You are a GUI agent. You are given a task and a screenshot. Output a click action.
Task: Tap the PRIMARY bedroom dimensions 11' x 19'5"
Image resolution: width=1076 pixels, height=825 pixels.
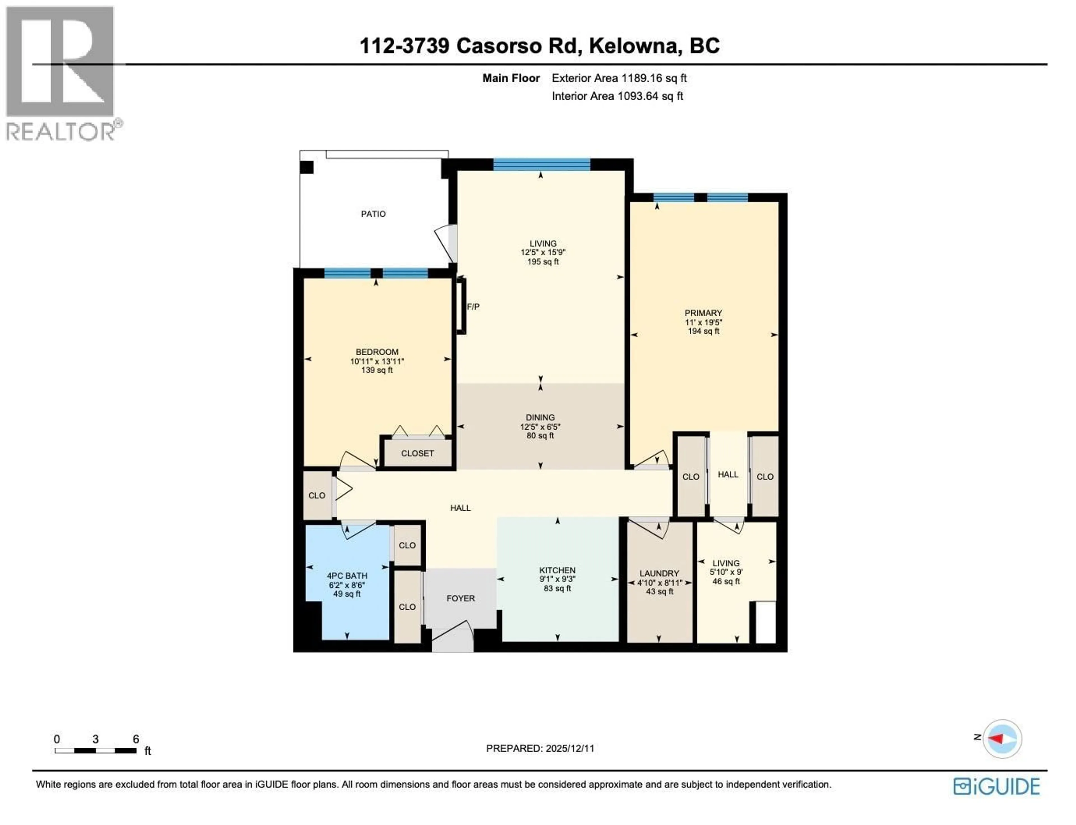click(703, 322)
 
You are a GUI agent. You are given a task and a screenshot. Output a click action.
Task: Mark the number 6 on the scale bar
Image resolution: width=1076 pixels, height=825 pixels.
click(136, 739)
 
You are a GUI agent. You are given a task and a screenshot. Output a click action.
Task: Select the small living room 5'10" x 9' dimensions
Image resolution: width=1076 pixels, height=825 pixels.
click(725, 572)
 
